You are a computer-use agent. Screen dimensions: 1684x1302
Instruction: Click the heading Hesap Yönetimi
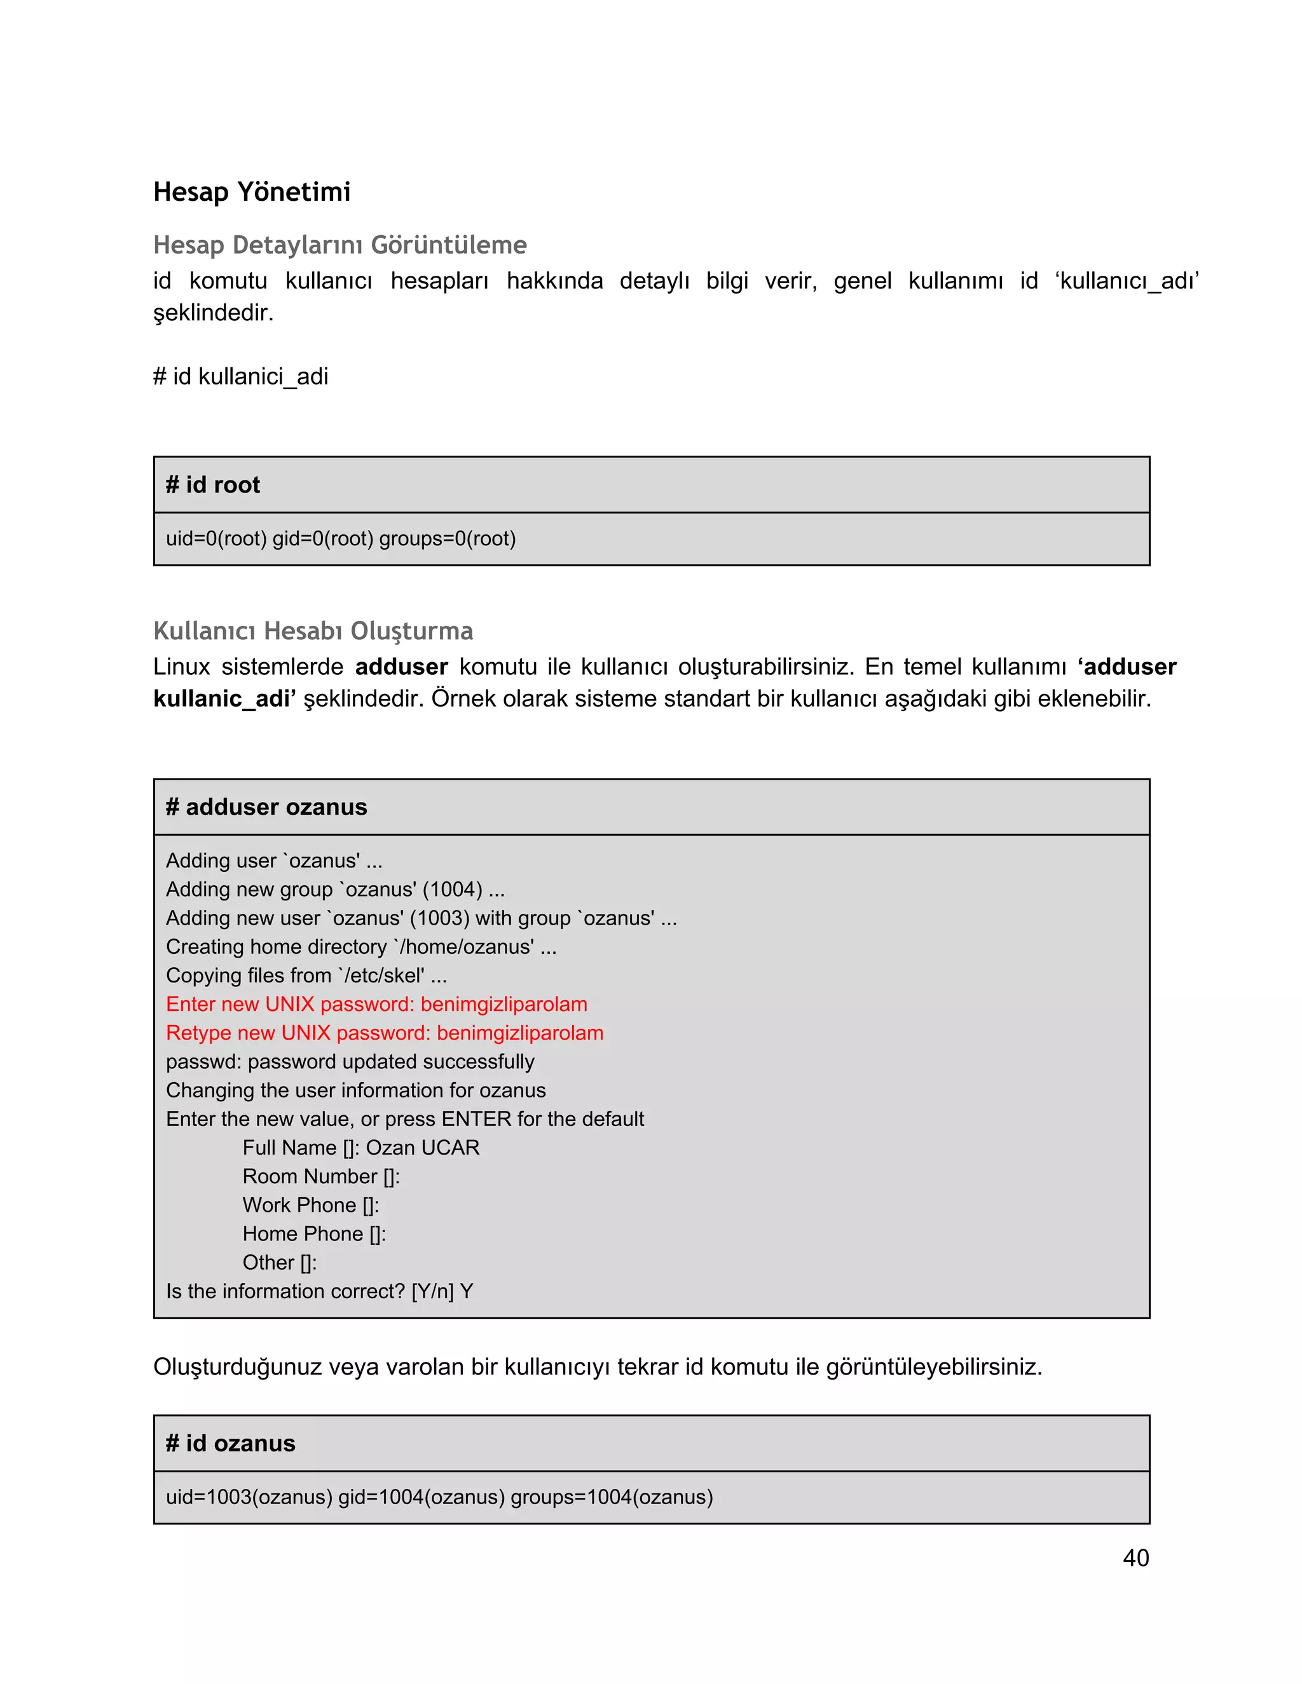[x=252, y=191]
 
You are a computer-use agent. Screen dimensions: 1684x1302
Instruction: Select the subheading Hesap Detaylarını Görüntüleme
[x=339, y=245]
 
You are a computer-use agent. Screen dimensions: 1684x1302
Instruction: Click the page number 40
[x=1135, y=1558]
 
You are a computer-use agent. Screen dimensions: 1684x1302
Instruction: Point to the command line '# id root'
[x=213, y=484]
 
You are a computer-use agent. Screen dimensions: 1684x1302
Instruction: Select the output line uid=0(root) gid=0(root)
[x=340, y=538]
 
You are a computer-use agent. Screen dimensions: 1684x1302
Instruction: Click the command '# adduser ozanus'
[x=266, y=806]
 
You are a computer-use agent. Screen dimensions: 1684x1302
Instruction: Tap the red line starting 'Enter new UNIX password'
[x=376, y=1004]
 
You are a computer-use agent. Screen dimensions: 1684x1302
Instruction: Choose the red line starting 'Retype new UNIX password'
[x=384, y=1033]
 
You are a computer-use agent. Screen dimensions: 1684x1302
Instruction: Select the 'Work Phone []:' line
[x=310, y=1204]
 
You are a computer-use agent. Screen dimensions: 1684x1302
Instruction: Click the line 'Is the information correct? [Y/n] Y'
[x=319, y=1291]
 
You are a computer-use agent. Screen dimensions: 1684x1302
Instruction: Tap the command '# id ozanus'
[x=231, y=1443]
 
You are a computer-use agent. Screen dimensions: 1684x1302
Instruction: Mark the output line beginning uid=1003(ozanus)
[x=439, y=1497]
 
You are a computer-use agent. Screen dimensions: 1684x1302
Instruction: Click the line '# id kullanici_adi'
[x=241, y=376]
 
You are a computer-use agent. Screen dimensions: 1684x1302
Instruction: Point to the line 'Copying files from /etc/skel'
[x=306, y=975]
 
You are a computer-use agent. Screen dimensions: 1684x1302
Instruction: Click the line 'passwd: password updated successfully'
[x=350, y=1062]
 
